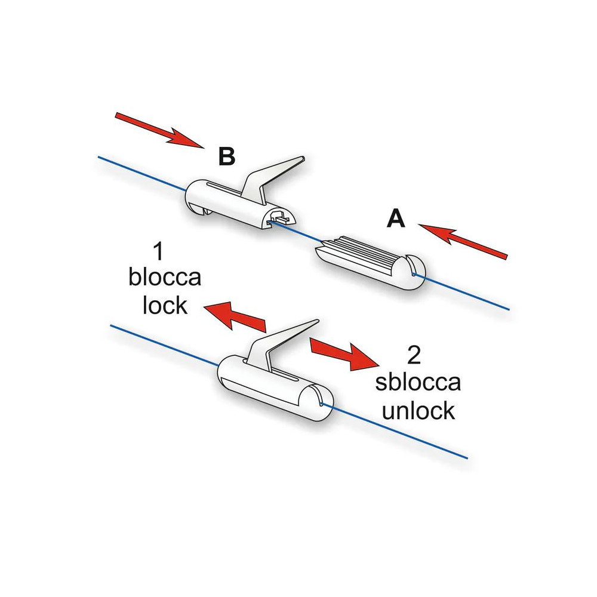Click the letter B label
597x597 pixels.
(x=227, y=156)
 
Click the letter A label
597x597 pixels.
(x=396, y=220)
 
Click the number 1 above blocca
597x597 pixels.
(x=158, y=253)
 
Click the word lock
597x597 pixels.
(x=165, y=306)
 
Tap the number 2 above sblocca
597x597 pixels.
(x=413, y=356)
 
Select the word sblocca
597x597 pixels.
(x=418, y=383)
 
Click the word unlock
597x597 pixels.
(x=418, y=410)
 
